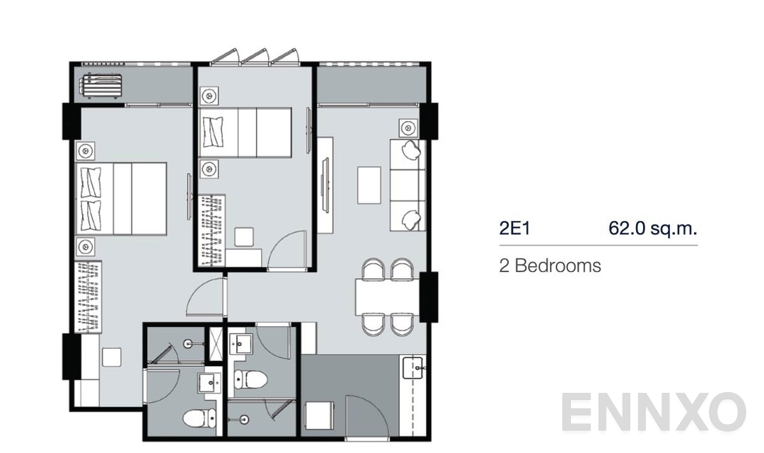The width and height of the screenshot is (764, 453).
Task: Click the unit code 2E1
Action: tap(514, 228)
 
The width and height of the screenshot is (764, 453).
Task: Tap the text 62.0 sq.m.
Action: tap(652, 228)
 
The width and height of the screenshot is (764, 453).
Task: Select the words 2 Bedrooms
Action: tap(550, 266)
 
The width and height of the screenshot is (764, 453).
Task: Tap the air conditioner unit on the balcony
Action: tap(101, 86)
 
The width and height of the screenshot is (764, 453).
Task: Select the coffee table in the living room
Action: tap(369, 185)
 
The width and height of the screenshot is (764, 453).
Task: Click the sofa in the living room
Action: tap(407, 185)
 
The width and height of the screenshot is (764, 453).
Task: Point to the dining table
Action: tap(388, 295)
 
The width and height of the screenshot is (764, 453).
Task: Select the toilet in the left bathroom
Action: tap(195, 418)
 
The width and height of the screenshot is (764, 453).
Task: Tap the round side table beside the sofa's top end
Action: tap(407, 128)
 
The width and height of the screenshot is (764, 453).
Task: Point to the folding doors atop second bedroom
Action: tap(255, 57)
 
